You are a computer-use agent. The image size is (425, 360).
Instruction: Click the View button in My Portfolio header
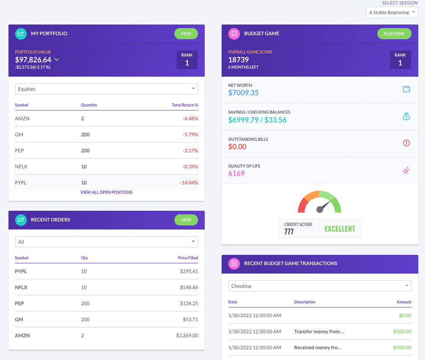[x=186, y=33]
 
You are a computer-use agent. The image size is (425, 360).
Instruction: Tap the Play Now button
[x=394, y=33]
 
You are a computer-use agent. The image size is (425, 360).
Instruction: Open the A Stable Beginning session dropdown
[x=392, y=12]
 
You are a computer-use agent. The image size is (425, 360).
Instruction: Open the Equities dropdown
[x=106, y=89]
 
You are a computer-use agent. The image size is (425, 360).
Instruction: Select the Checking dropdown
[x=319, y=286]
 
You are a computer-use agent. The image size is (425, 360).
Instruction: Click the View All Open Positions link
[x=106, y=192]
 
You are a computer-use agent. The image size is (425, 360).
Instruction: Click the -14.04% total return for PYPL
[x=190, y=183]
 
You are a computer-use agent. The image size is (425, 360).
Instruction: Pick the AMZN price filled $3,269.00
[x=186, y=335]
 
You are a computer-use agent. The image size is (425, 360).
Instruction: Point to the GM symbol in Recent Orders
[x=19, y=319]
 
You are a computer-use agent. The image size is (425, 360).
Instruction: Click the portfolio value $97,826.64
[x=33, y=60]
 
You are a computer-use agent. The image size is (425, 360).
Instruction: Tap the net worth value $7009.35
[x=243, y=93]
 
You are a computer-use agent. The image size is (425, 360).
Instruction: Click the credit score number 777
[x=289, y=232]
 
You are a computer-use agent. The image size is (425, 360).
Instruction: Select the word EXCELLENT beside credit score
[x=339, y=229]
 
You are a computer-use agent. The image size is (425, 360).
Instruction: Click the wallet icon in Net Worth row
[x=406, y=89]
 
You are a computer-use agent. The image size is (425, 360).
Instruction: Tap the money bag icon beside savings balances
[x=406, y=116]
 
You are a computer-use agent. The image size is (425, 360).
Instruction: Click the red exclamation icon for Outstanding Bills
[x=406, y=143]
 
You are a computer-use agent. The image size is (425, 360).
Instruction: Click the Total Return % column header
[x=185, y=105]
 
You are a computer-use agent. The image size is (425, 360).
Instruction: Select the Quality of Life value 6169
[x=236, y=173]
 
